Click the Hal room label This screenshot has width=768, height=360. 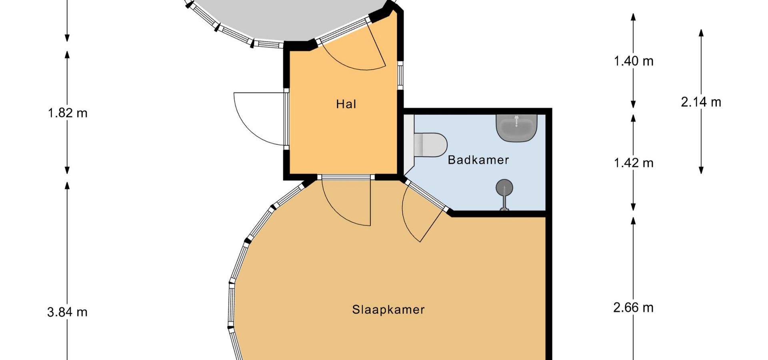click(346, 104)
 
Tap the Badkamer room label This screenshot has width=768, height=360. click(478, 160)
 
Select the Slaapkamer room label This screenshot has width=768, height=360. click(388, 310)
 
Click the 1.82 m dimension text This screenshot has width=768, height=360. click(68, 113)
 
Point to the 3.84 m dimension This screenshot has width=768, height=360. click(67, 312)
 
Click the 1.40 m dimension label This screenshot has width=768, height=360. click(634, 61)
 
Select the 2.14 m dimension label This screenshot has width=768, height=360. click(701, 102)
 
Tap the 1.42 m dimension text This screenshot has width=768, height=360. click(634, 163)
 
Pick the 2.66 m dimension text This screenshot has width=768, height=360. click(634, 308)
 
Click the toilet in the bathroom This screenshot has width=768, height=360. click(430, 145)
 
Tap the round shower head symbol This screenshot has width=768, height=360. click(504, 188)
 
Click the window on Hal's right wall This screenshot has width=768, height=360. click(400, 75)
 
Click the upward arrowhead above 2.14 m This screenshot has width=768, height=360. click(701, 33)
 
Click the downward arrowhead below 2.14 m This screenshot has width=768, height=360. click(701, 170)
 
